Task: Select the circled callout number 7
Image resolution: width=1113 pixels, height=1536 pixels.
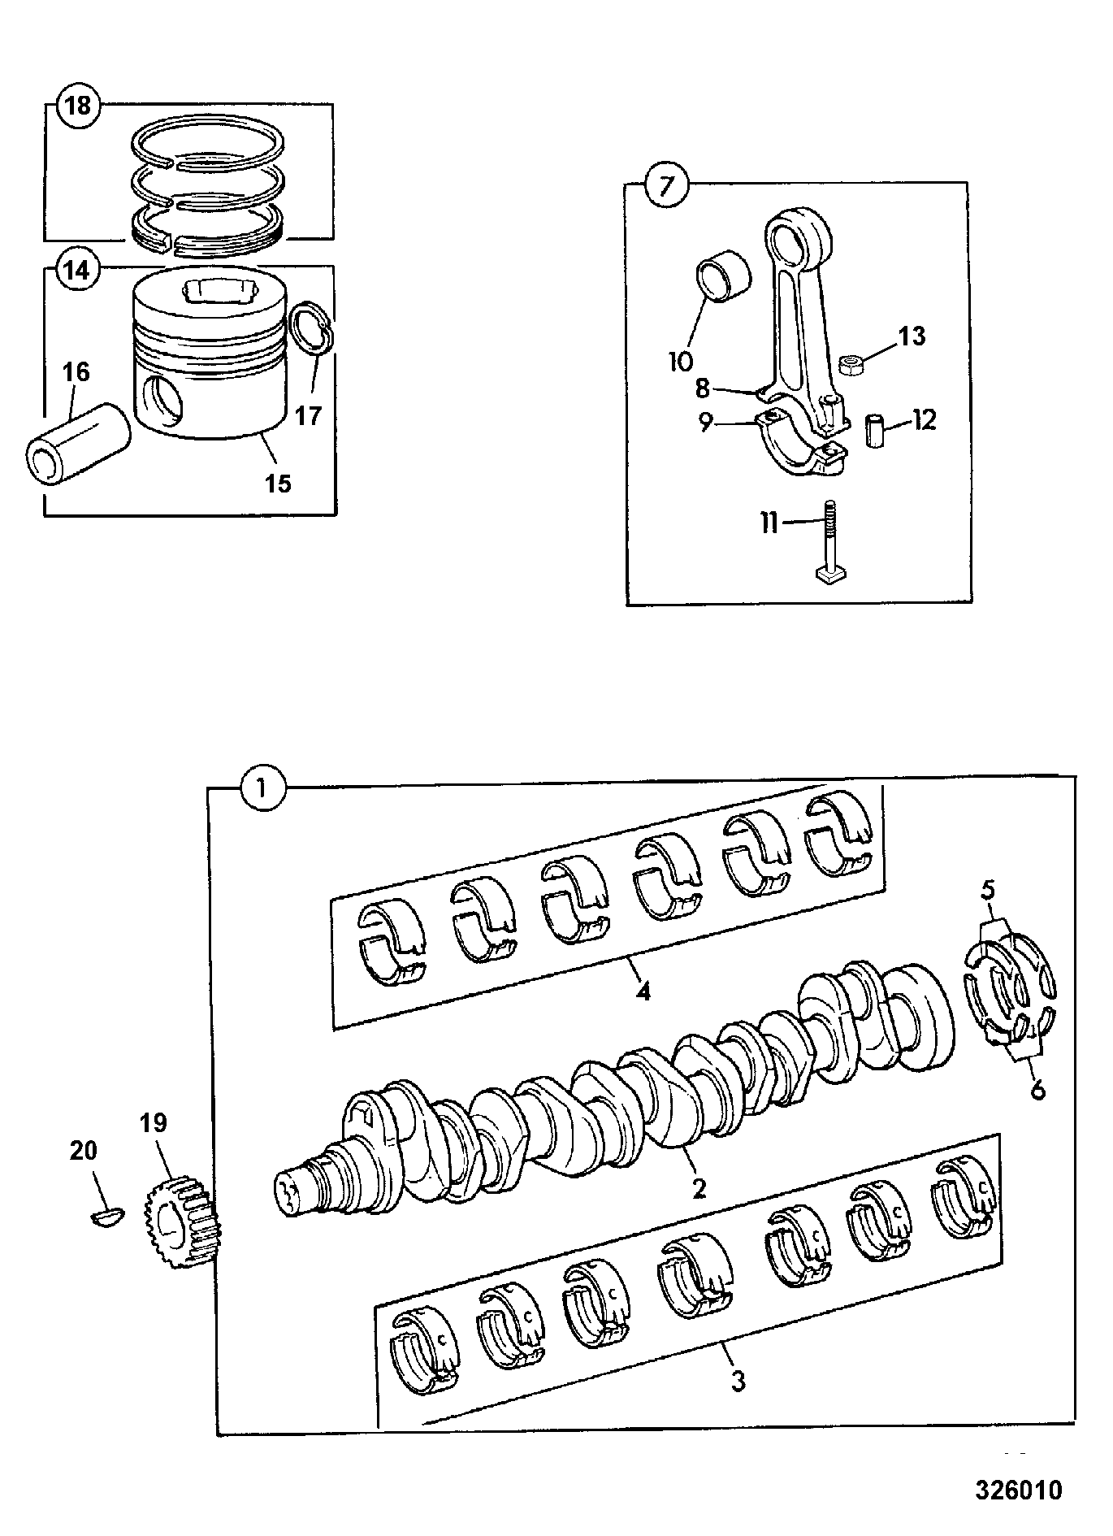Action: [x=666, y=186]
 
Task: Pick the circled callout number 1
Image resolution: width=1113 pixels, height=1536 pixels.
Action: [x=263, y=787]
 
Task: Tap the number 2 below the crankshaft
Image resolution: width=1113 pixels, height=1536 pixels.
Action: [x=699, y=1188]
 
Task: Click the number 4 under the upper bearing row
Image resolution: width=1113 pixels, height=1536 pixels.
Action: [x=643, y=991]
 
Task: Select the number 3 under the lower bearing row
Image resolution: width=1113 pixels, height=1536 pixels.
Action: [x=738, y=1380]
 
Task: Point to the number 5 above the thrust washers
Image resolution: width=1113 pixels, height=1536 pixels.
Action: [x=987, y=890]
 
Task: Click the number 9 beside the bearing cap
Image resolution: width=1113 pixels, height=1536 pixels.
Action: [x=705, y=423]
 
